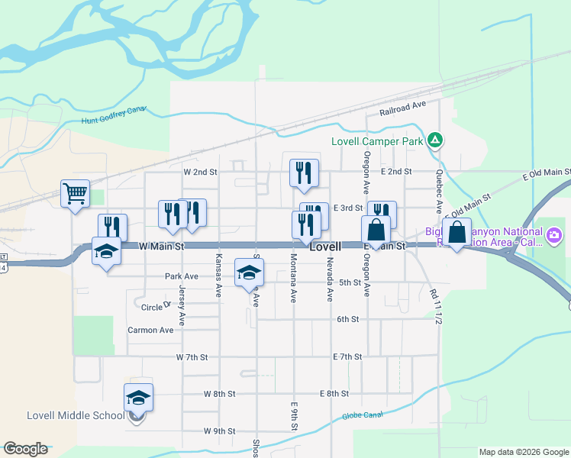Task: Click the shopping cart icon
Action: pos(75,194)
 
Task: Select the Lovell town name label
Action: pos(325,247)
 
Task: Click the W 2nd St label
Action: pos(200,172)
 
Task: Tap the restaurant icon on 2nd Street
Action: pos(304,173)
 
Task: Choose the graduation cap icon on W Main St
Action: pos(106,250)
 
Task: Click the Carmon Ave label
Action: pos(150,330)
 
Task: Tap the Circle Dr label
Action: pos(156,307)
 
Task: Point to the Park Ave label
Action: pos(181,276)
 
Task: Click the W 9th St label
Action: pos(219,431)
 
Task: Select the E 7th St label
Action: pos(347,356)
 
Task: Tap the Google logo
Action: pos(25,449)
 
